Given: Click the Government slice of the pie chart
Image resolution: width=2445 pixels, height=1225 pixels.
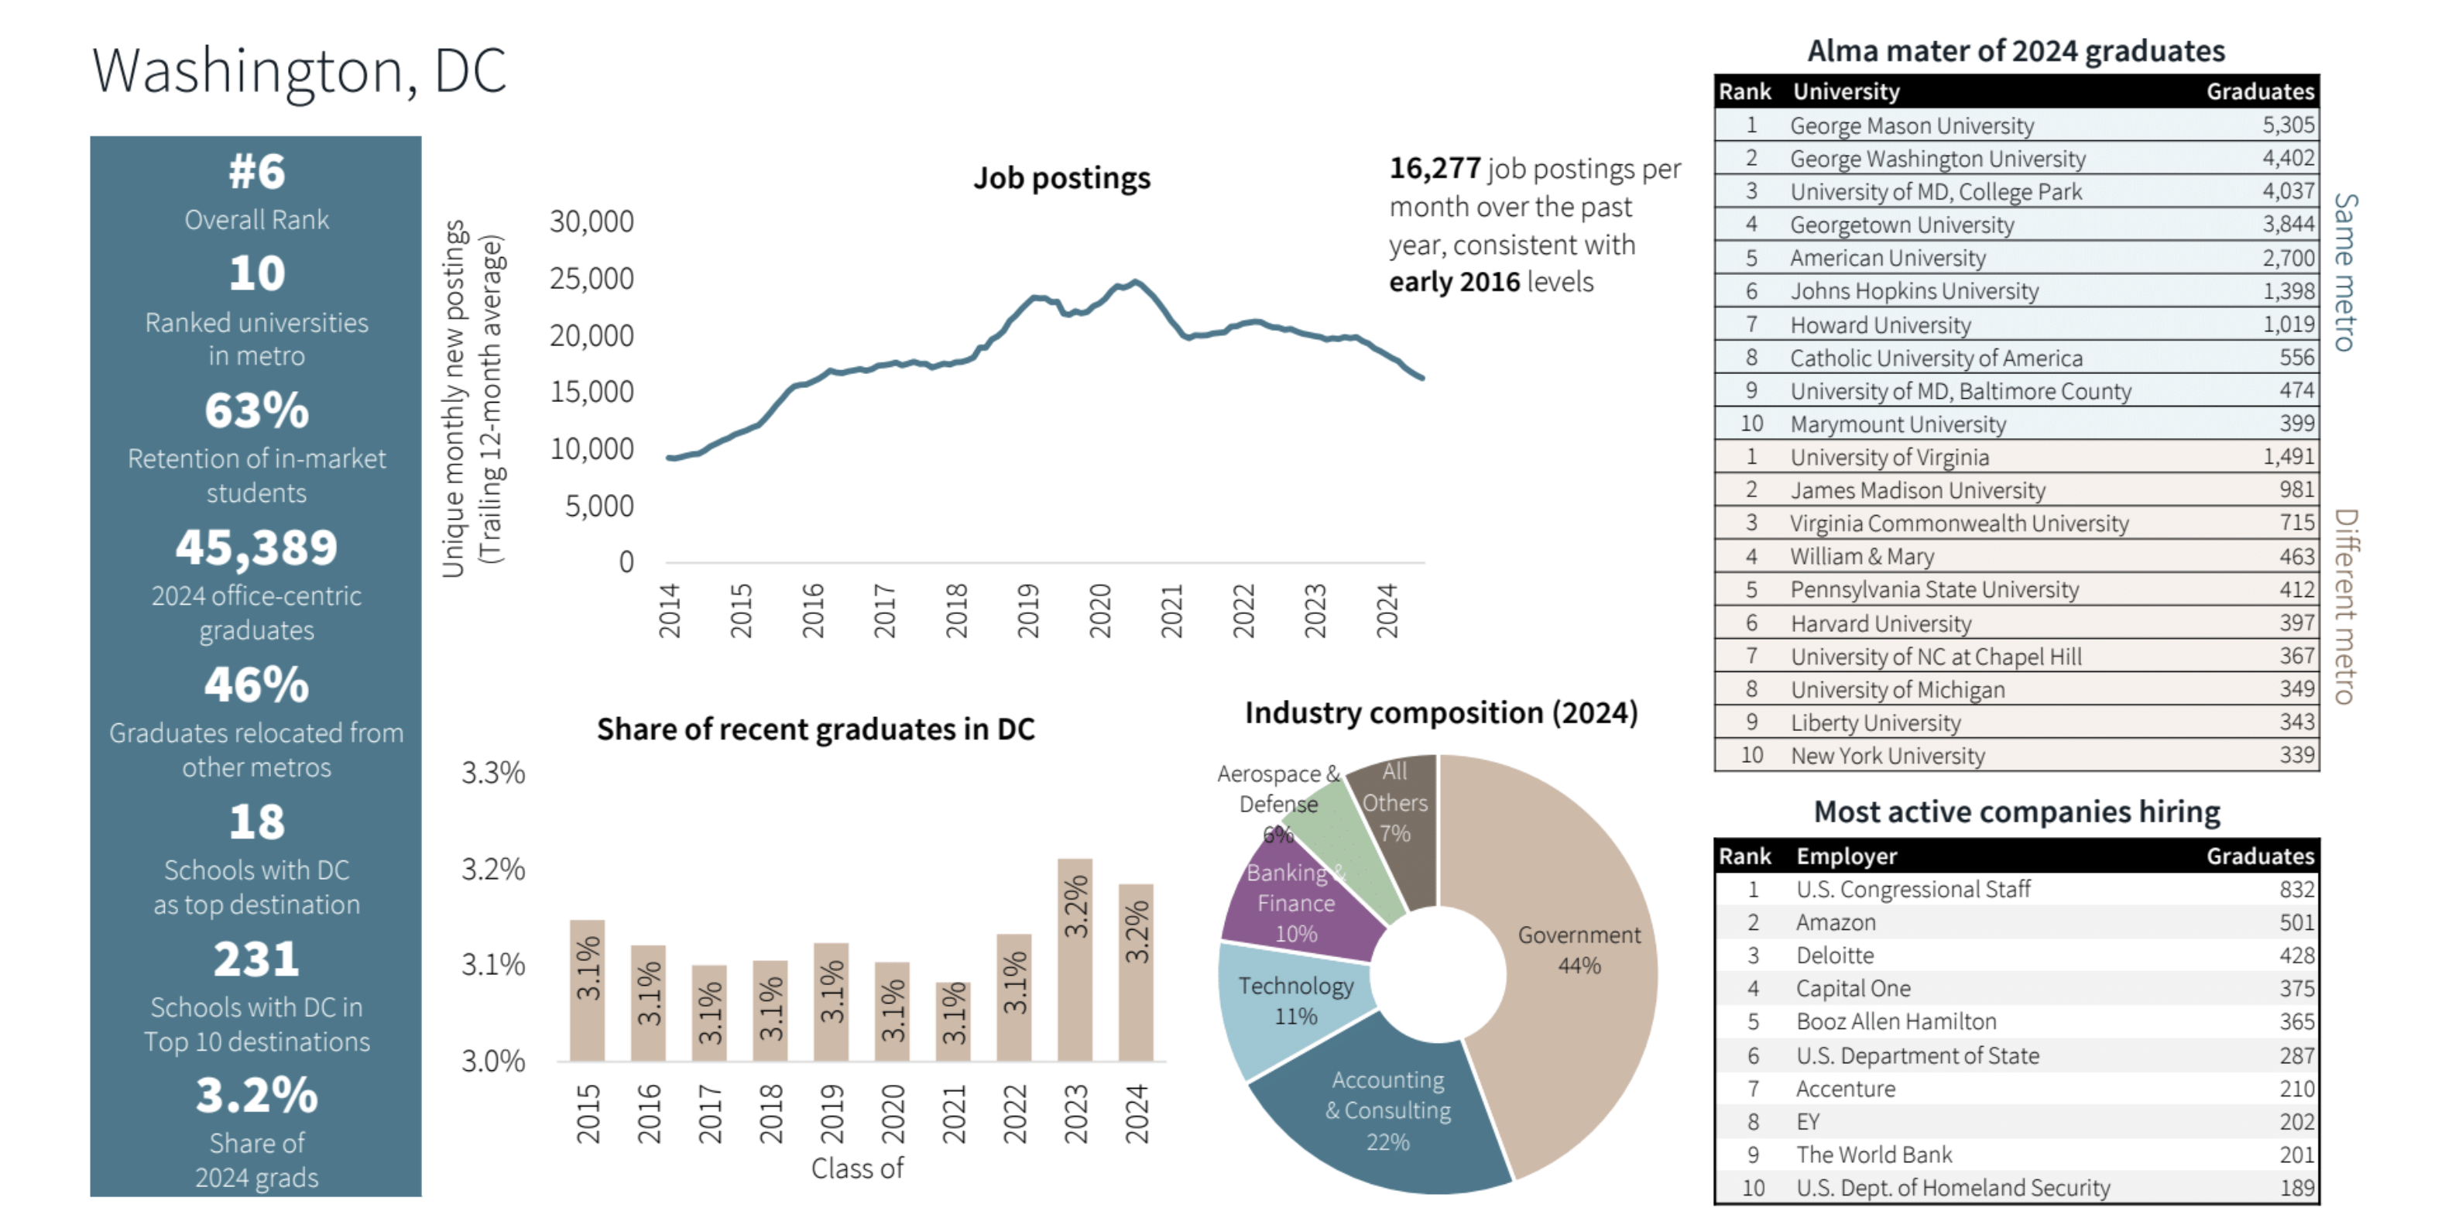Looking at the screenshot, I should pyautogui.click(x=1576, y=949).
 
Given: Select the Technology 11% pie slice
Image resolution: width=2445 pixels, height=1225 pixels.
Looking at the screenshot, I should pyautogui.click(x=1295, y=1001).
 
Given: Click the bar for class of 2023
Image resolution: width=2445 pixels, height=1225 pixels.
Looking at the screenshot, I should pyautogui.click(x=1075, y=959).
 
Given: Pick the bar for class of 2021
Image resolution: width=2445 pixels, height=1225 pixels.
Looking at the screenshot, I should pyautogui.click(x=953, y=1021).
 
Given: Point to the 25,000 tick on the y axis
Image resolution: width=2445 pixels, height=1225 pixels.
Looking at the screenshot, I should pyautogui.click(x=592, y=278).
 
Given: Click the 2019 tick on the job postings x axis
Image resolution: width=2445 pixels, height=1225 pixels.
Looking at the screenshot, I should pyautogui.click(x=1028, y=611).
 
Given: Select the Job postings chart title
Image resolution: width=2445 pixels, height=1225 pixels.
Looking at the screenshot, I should pyautogui.click(x=1061, y=179).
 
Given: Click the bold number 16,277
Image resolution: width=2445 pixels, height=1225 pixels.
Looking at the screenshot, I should pyautogui.click(x=1434, y=168).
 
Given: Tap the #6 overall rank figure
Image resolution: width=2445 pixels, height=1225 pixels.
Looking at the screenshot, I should pyautogui.click(x=256, y=172).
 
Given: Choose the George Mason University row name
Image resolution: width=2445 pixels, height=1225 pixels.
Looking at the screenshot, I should pyautogui.click(x=1912, y=125).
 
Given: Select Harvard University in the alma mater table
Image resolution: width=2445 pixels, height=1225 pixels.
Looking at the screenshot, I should pyautogui.click(x=1881, y=623).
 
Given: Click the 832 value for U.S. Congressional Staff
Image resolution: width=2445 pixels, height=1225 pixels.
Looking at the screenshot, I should pyautogui.click(x=2296, y=889).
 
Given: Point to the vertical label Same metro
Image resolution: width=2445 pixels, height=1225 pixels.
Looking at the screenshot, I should pyautogui.click(x=2344, y=272).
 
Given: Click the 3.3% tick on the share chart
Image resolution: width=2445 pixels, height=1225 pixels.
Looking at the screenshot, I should pyautogui.click(x=492, y=772).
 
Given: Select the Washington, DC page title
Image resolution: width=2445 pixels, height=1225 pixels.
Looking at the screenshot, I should pyautogui.click(x=299, y=70).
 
